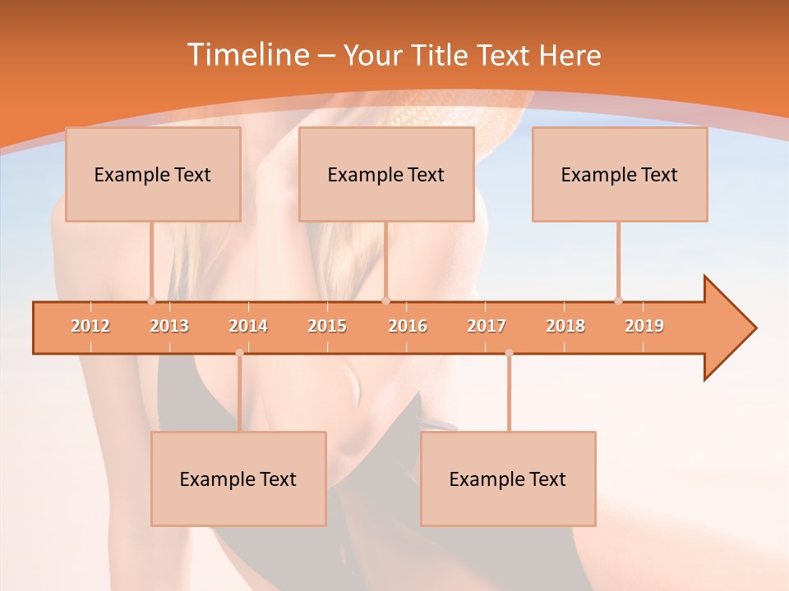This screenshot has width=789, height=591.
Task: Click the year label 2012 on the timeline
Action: (x=90, y=326)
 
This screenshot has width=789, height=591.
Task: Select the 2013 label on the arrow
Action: (x=169, y=326)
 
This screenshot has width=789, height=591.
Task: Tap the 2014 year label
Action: (x=248, y=326)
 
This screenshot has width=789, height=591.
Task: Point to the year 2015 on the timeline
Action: (x=327, y=326)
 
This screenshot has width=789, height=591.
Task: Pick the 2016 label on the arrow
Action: (x=408, y=326)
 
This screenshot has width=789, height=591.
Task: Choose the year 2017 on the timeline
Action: (x=487, y=326)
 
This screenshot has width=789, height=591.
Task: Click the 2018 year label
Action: (x=565, y=326)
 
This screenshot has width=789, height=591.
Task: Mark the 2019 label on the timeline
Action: (x=644, y=326)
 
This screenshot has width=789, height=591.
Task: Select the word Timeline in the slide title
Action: (x=247, y=55)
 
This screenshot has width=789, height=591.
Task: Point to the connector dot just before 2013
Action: (x=151, y=300)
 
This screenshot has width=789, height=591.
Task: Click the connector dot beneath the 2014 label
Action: (x=239, y=353)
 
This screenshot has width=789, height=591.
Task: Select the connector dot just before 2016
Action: (x=385, y=300)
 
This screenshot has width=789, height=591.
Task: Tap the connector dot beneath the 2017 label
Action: (x=509, y=353)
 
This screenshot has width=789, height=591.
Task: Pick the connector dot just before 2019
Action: (x=618, y=300)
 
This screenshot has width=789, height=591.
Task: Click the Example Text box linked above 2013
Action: (x=153, y=174)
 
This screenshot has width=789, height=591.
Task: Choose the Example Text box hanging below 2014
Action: (x=238, y=479)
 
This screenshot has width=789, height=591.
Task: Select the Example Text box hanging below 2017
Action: (x=508, y=479)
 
